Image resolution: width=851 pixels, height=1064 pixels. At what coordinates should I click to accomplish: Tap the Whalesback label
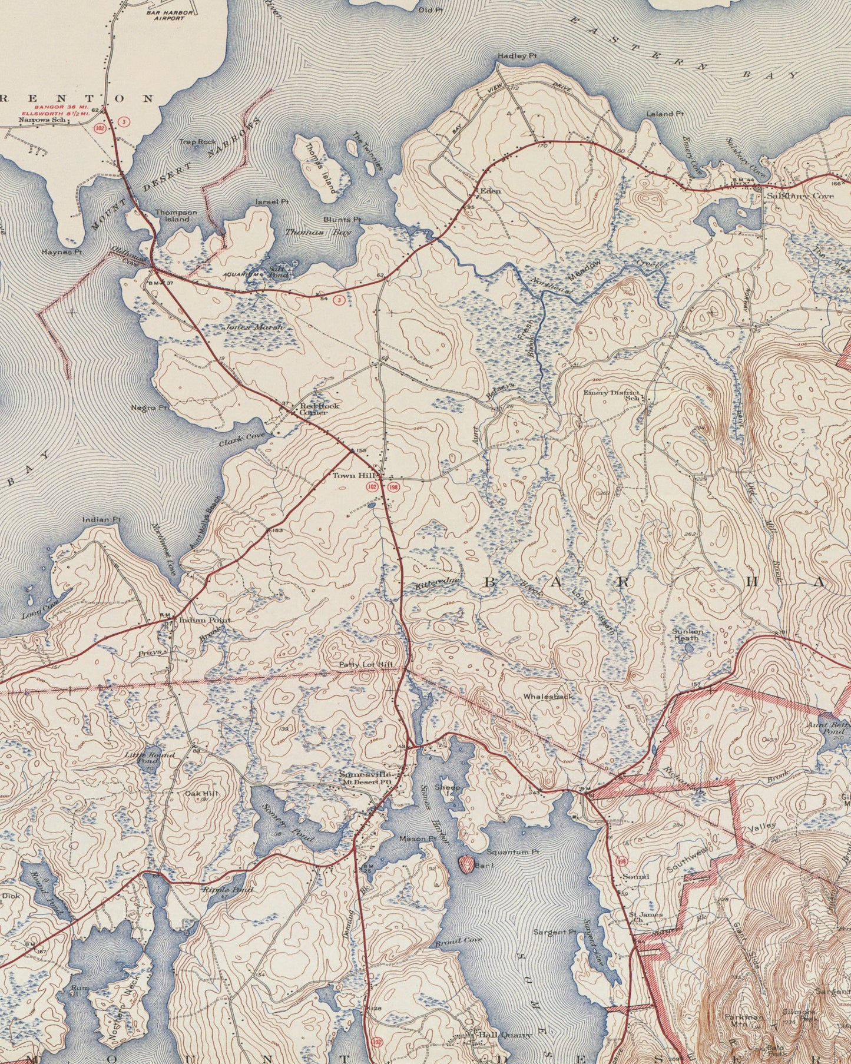pyautogui.click(x=548, y=696)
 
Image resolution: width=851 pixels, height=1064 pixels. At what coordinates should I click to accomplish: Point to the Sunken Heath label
pyautogui.click(x=686, y=634)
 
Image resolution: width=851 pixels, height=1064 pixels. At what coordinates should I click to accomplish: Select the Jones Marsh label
pyautogui.click(x=254, y=327)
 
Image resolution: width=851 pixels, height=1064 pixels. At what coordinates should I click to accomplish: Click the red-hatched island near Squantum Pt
pyautogui.click(x=466, y=864)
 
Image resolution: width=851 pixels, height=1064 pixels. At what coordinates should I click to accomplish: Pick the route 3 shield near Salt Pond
pyautogui.click(x=339, y=300)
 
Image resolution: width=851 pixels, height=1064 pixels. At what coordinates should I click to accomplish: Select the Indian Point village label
pyautogui.click(x=197, y=620)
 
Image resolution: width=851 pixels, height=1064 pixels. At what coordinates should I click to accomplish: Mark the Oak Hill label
pyautogui.click(x=198, y=794)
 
